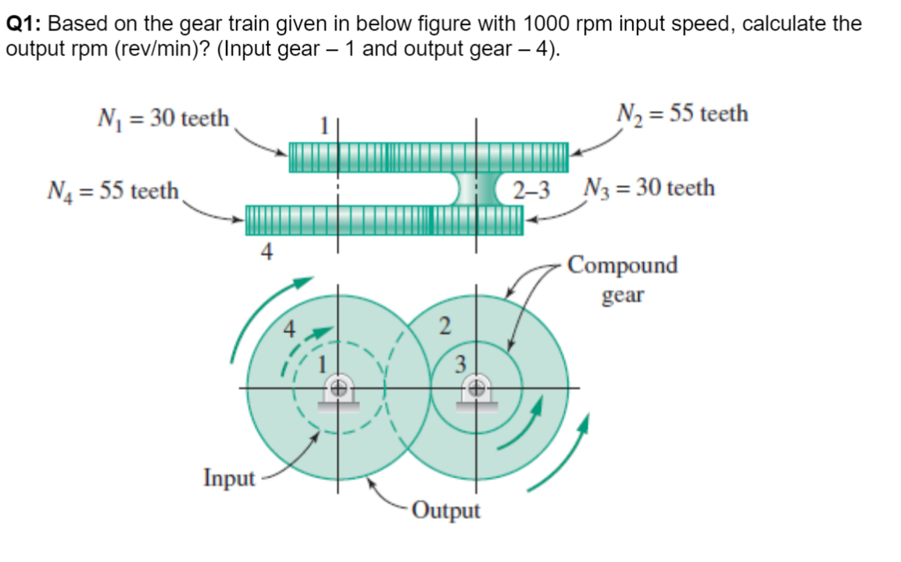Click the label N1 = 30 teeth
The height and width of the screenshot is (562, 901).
click(x=163, y=119)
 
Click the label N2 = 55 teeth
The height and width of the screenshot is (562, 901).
click(x=681, y=115)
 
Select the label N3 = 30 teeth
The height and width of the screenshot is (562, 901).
click(x=648, y=188)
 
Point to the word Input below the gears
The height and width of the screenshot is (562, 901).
click(x=229, y=477)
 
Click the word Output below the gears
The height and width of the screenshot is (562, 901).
click(x=445, y=511)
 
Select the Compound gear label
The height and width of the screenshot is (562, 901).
click(x=622, y=279)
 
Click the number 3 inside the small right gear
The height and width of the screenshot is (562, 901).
click(x=461, y=362)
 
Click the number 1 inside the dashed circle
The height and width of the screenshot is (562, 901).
click(x=319, y=361)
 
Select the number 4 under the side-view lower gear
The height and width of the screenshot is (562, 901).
click(x=266, y=251)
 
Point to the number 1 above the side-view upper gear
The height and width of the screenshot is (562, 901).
click(x=319, y=125)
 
